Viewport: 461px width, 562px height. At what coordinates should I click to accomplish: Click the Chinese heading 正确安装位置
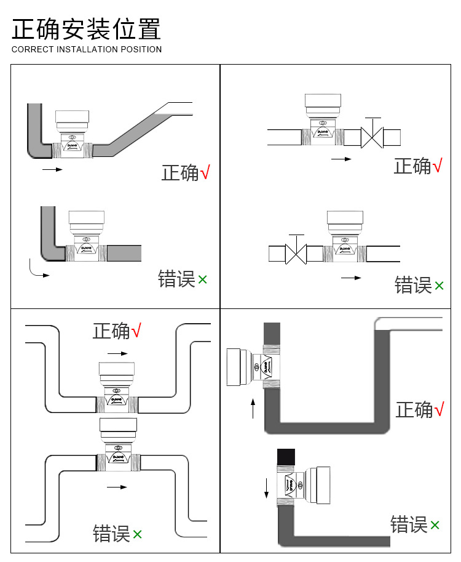pyautogui.click(x=87, y=30)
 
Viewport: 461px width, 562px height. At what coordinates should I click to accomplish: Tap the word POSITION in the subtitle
pyautogui.click(x=141, y=49)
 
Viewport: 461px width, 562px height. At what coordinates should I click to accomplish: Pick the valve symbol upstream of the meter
pyautogui.click(x=297, y=253)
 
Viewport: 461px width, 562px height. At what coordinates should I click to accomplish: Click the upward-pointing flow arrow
pyautogui.click(x=253, y=408)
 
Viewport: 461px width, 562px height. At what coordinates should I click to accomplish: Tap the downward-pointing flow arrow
pyautogui.click(x=267, y=487)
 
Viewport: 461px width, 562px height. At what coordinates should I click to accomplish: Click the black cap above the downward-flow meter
pyautogui.click(x=286, y=457)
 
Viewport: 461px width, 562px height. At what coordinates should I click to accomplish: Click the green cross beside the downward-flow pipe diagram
pyautogui.click(x=435, y=525)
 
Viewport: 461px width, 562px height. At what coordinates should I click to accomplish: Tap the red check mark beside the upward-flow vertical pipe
pyautogui.click(x=439, y=409)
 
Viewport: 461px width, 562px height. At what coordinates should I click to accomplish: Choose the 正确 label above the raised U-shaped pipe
pyautogui.click(x=111, y=331)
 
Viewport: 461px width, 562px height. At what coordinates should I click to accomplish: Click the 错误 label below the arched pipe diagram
pyautogui.click(x=111, y=534)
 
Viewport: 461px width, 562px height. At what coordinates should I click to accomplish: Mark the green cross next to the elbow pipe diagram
pyautogui.click(x=203, y=280)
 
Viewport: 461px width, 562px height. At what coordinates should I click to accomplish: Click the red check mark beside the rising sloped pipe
pyautogui.click(x=205, y=173)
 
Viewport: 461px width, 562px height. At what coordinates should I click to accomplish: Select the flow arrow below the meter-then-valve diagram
pyautogui.click(x=341, y=159)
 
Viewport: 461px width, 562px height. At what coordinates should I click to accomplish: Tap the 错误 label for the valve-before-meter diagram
pyautogui.click(x=413, y=285)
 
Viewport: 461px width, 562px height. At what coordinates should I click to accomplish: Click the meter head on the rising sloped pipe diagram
pyautogui.click(x=73, y=117)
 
